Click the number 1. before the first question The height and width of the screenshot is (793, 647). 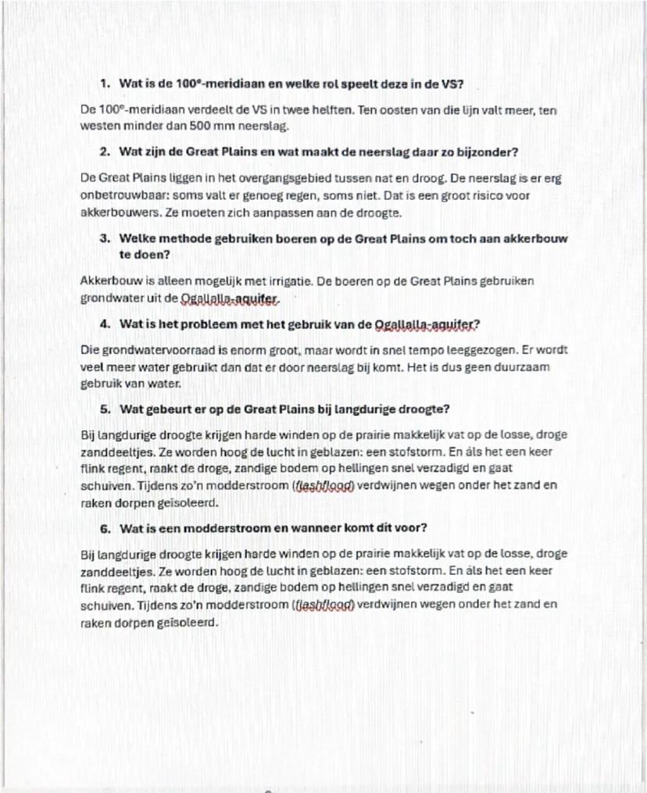pos(105,83)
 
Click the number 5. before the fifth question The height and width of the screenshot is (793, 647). pos(105,409)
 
